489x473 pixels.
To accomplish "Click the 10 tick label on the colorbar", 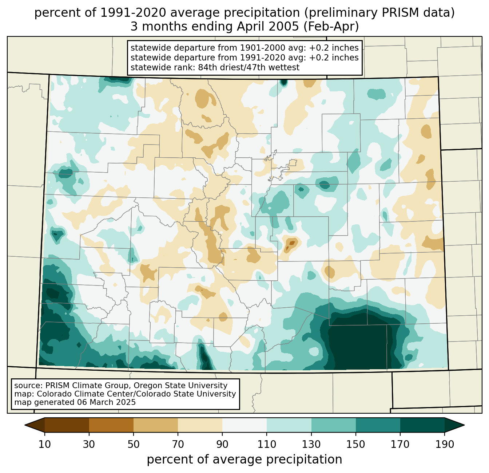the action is pos(44,445).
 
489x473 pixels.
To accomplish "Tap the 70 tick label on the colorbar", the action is pos(178,445).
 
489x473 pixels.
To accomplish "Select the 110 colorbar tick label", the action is pos(267,445).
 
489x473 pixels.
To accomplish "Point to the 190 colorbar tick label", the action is pos(445,445).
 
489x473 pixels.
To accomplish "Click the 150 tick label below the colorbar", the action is pos(355,445).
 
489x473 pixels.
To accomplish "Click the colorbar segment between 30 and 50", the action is pos(111,425).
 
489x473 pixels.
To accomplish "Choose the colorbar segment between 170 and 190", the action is pos(422,425).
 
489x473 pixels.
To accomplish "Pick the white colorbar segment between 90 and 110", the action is pos(244,425).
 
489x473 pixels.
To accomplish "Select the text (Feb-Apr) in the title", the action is pos(331,27).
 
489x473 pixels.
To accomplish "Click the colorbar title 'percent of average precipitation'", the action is pos(244,460).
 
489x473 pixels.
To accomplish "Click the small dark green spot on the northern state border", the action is pos(284,82).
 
